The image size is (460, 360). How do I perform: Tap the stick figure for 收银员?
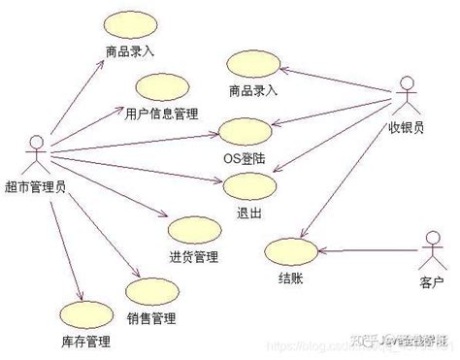408,98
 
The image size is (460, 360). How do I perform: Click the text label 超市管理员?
36,187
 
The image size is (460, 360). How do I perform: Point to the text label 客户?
432,281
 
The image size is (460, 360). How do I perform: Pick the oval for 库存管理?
84,315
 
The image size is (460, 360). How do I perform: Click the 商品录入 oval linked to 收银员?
252,65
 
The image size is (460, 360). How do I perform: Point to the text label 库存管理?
84,342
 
